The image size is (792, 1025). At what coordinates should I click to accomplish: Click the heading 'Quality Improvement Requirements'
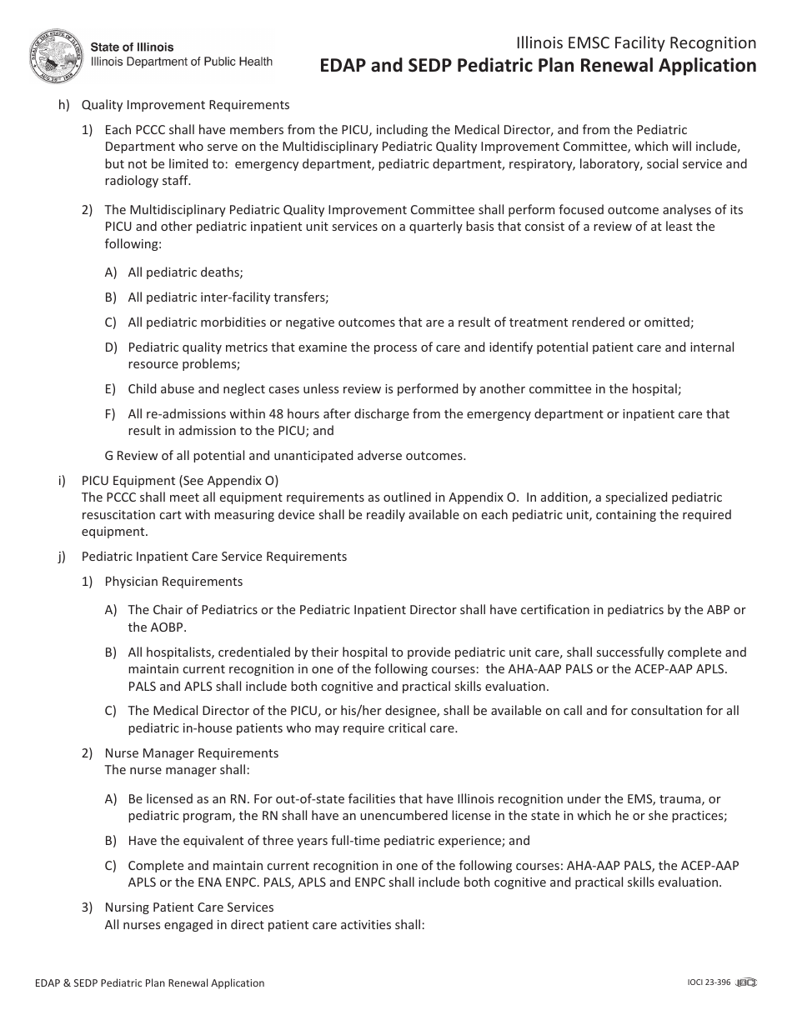(185, 105)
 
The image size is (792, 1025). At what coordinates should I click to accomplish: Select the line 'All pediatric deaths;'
(185, 272)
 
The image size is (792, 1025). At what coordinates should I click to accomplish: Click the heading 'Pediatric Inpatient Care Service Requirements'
(213, 556)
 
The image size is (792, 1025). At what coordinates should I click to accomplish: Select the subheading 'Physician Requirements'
(173, 581)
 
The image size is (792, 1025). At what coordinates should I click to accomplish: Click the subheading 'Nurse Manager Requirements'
(191, 752)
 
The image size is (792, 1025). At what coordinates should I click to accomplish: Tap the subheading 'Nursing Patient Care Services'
(188, 907)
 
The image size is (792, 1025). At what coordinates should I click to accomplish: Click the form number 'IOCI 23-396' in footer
(703, 983)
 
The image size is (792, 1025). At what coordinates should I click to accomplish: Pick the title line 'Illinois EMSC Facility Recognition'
(636, 43)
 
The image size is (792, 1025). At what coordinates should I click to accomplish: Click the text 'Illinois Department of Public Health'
(181, 62)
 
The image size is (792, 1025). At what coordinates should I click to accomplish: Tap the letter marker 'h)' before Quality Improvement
(63, 105)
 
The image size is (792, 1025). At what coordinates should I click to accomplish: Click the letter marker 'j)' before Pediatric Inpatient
(63, 556)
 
